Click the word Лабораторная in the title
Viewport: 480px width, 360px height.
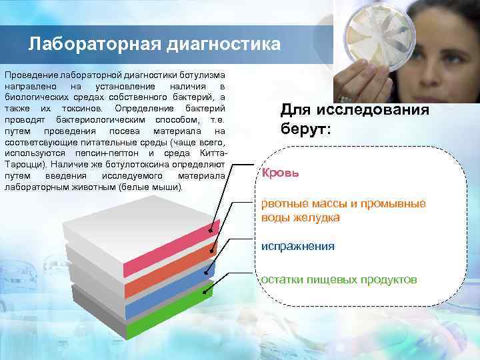pos(89,45)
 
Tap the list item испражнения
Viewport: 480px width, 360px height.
pos(297,246)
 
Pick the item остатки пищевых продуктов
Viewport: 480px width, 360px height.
pos(339,279)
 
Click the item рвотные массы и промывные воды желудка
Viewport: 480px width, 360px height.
pos(343,210)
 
